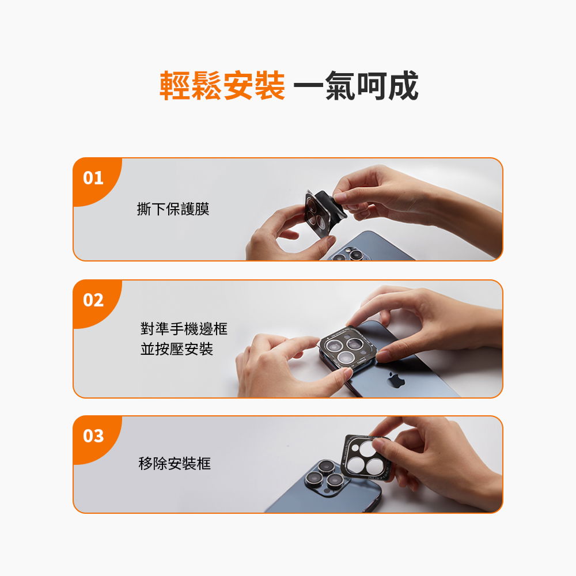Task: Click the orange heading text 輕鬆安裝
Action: point(222,86)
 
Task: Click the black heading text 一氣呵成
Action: point(355,86)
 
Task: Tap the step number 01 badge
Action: point(93,178)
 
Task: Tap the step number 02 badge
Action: point(93,300)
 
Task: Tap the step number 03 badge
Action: point(93,436)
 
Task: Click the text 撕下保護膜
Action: point(173,209)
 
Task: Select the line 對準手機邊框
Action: point(184,329)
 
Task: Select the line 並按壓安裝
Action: point(176,349)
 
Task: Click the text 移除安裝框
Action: point(175,463)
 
